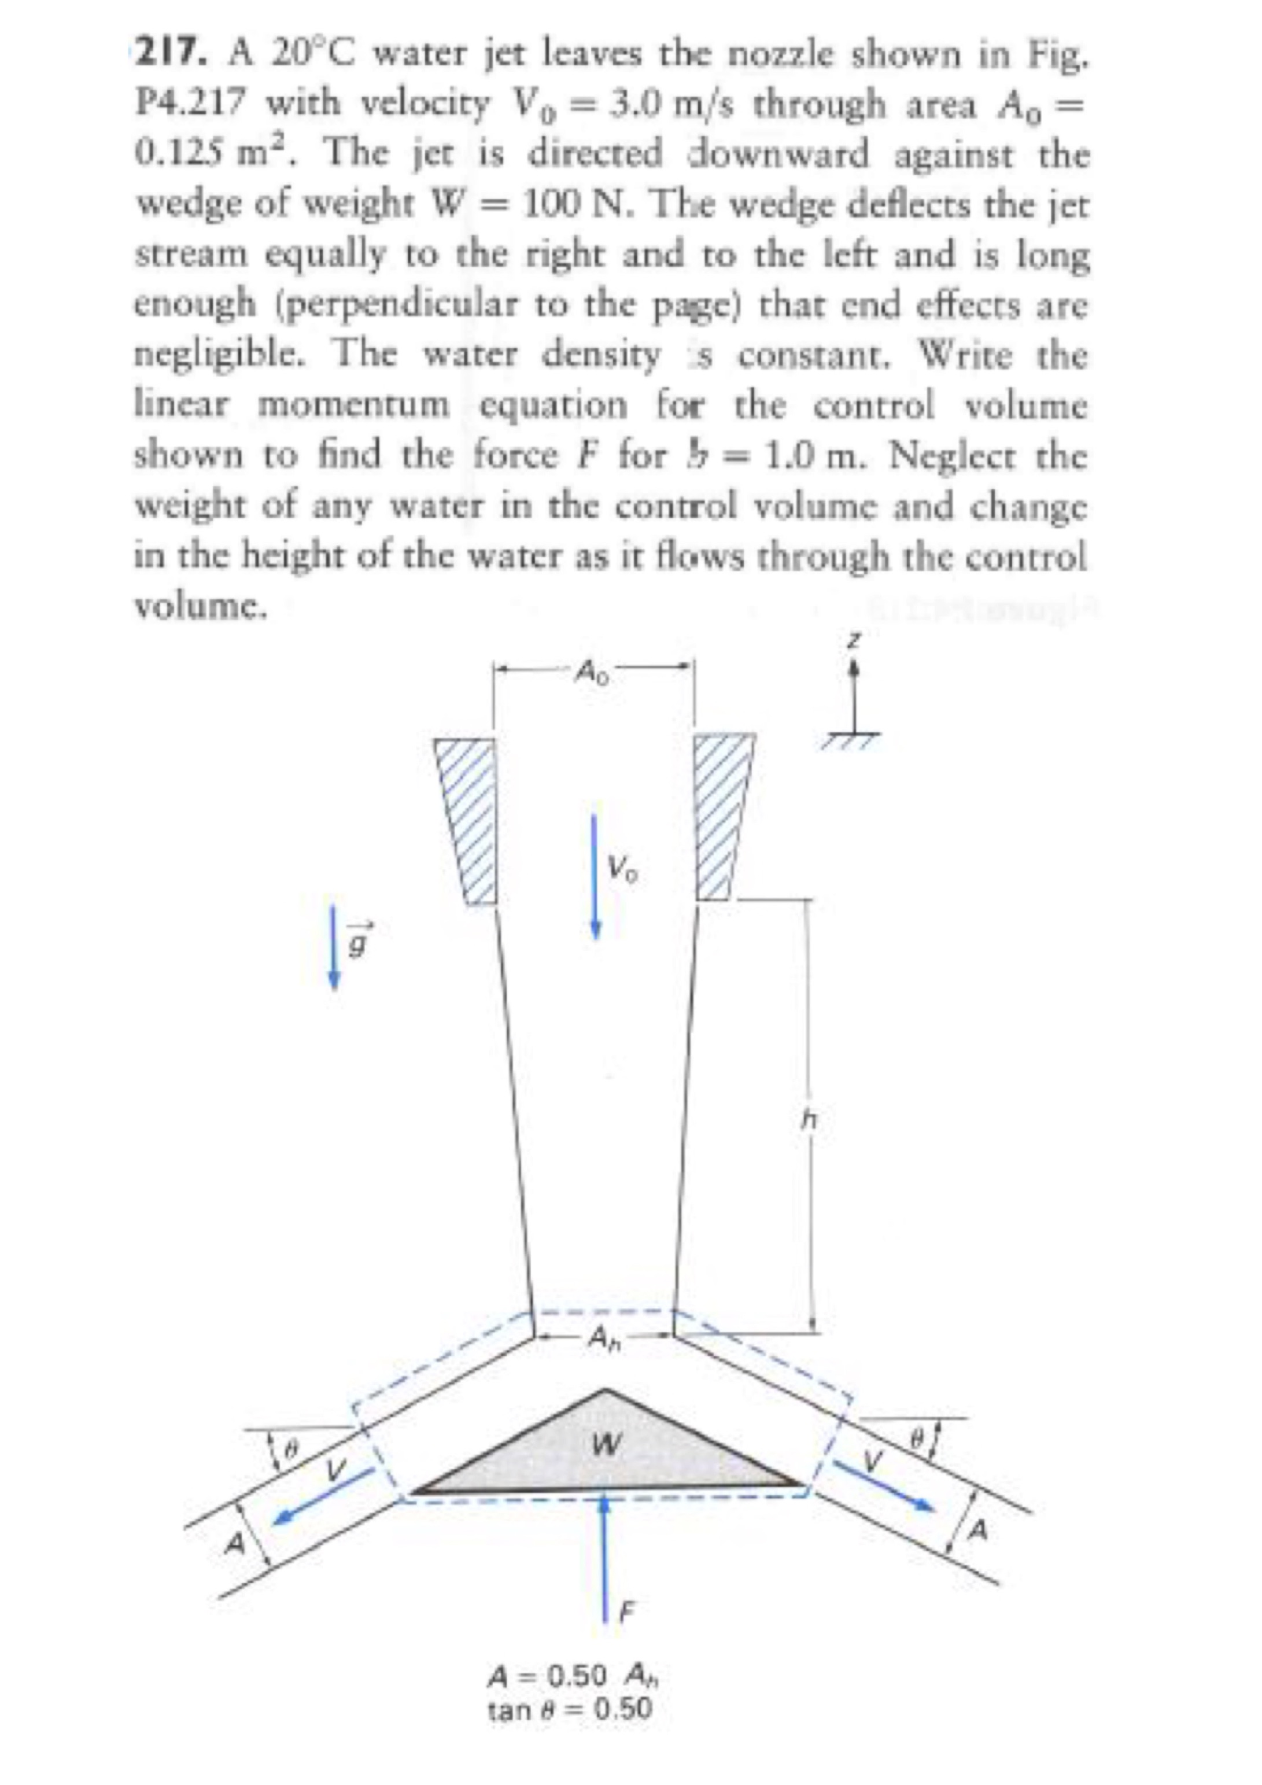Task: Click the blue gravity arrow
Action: pyautogui.click(x=334, y=945)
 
